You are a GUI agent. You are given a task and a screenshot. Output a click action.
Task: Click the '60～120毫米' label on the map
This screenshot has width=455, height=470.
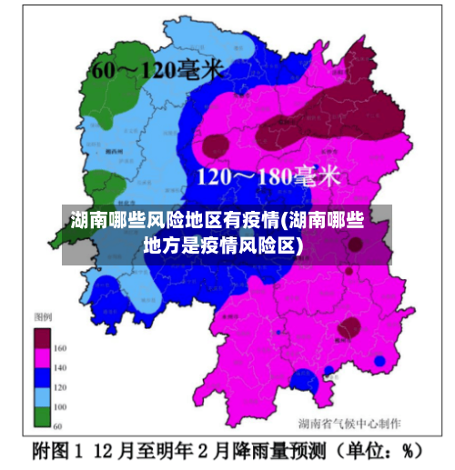[156, 69]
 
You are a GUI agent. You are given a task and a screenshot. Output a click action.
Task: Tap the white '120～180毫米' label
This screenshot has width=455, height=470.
[268, 175]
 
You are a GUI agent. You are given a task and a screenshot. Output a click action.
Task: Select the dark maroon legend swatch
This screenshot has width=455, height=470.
[43, 338]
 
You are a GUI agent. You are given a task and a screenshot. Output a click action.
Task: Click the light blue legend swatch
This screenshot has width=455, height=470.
[43, 396]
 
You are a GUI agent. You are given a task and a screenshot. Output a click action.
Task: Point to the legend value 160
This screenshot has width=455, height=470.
[60, 348]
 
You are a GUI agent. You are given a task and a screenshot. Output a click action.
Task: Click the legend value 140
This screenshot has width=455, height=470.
[60, 367]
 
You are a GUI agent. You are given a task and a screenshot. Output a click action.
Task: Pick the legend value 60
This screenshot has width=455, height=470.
[58, 425]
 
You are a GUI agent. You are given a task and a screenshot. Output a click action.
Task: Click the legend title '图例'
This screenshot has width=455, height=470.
[43, 317]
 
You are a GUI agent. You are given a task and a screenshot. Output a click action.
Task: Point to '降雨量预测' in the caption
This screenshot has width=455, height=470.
[275, 450]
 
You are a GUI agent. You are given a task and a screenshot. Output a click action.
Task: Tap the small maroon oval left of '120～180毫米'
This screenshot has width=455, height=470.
[216, 145]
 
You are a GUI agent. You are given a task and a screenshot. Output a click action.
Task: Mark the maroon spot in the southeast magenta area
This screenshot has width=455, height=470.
[349, 328]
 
